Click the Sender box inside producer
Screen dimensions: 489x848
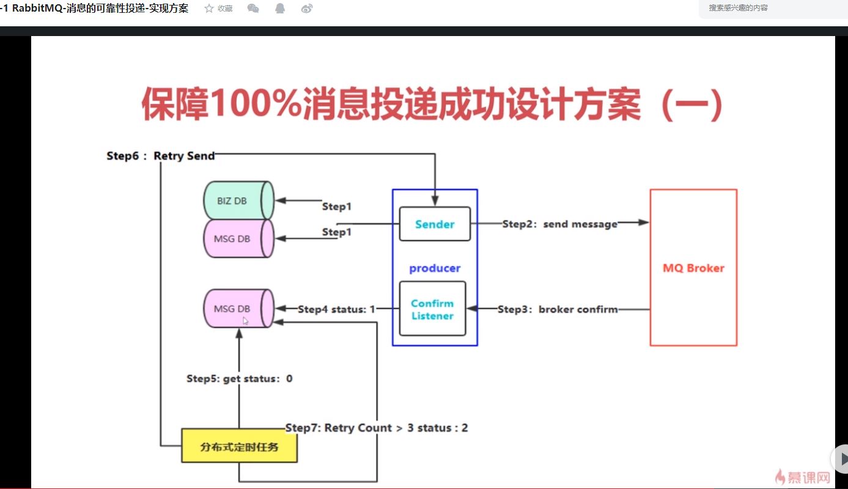[x=435, y=224]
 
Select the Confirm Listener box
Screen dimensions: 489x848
[x=432, y=309]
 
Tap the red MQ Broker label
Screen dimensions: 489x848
[x=693, y=268]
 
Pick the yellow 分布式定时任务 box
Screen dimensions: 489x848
[x=239, y=446]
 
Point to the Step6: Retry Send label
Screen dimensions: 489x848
[x=161, y=156]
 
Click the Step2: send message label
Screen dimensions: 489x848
[x=560, y=224]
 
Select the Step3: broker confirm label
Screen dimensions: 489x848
[x=558, y=309]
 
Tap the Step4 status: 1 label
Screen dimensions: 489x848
[x=336, y=309]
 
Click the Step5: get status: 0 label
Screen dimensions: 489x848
[x=239, y=379]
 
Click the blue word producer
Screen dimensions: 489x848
[x=435, y=268]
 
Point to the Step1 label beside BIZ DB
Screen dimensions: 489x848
[x=337, y=207]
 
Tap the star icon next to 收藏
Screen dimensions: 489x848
[x=209, y=9]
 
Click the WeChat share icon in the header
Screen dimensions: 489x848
[x=253, y=9]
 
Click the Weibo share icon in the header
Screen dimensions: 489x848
[x=307, y=9]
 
